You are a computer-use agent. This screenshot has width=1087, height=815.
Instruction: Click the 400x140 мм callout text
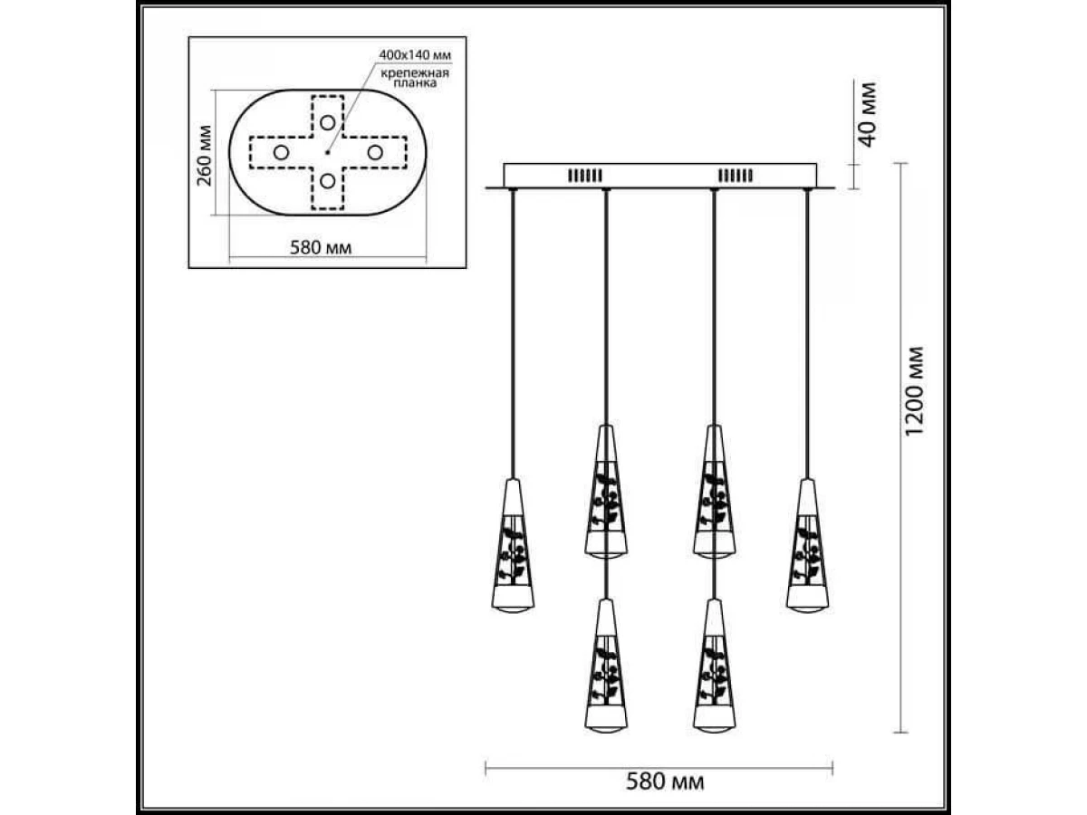click(x=415, y=54)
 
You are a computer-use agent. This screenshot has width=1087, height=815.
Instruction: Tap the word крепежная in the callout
click(x=415, y=73)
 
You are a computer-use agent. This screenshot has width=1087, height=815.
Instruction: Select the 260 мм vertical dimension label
click(x=205, y=156)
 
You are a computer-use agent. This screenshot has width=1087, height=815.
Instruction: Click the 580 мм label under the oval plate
click(x=321, y=247)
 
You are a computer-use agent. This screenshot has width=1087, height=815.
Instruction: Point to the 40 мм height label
click(x=867, y=115)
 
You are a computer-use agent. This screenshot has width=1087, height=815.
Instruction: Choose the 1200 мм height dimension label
click(x=915, y=391)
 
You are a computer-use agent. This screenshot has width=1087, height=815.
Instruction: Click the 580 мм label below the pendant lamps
click(x=665, y=795)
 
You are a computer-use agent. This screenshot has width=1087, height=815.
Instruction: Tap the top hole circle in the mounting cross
click(x=327, y=122)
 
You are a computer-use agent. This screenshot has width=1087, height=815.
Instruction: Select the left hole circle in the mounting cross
click(x=282, y=152)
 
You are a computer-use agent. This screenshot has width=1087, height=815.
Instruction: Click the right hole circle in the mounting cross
click(x=375, y=152)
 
